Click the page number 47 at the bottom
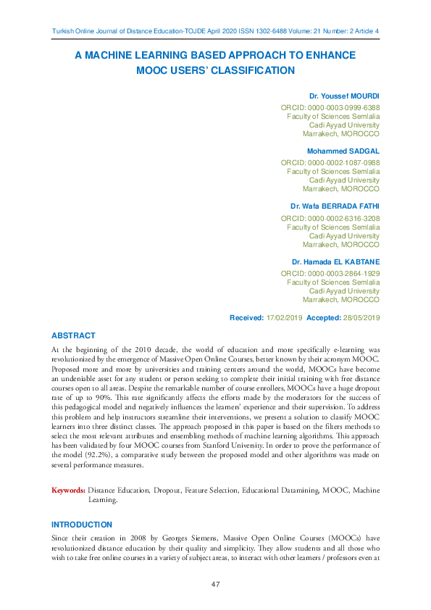coord(215,584)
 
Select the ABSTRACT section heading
coord(73,335)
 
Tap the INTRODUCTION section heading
coord(82,524)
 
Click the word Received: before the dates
coord(247,318)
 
